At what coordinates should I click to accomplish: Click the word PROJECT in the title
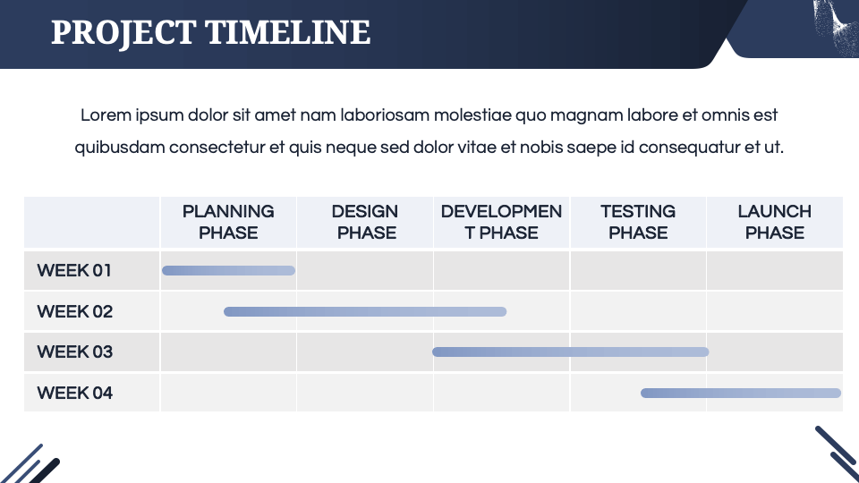click(x=123, y=33)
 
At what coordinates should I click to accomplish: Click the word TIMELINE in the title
click(x=287, y=33)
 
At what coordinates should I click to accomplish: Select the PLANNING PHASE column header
click(x=228, y=222)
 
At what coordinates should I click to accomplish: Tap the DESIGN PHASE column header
click(x=365, y=222)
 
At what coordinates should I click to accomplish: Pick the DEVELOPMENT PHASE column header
click(x=501, y=222)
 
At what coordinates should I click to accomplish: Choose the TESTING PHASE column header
click(x=638, y=222)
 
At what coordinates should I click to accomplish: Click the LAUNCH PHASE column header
click(x=775, y=222)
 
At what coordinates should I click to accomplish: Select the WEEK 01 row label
click(x=75, y=270)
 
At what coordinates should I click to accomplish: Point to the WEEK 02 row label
click(x=75, y=311)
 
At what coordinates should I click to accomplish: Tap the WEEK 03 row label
click(x=75, y=352)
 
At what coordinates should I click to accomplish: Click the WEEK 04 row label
click(x=75, y=393)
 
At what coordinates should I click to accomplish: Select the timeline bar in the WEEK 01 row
click(x=228, y=270)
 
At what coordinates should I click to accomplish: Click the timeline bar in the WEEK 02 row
click(x=365, y=311)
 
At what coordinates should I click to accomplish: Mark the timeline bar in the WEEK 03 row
click(x=570, y=352)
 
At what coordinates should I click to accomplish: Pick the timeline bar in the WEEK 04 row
click(x=741, y=393)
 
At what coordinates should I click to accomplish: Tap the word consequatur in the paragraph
click(x=689, y=148)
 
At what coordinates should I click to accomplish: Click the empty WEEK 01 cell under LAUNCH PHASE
click(x=775, y=270)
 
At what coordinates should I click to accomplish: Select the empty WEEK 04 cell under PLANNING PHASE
click(x=228, y=393)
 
